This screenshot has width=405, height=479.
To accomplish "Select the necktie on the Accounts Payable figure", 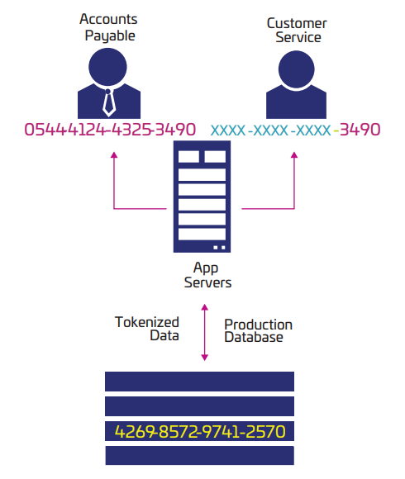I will point(108,100).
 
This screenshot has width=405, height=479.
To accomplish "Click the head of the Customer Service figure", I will point(297,69).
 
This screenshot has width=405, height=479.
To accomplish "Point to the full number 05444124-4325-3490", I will point(110,130).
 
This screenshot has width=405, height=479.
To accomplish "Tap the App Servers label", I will point(202,275).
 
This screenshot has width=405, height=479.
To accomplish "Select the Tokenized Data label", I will point(147,329).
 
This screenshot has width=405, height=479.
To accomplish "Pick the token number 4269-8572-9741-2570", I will point(199,432).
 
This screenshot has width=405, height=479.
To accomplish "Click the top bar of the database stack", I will point(199,381).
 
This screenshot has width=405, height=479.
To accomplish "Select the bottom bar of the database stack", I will point(199,456).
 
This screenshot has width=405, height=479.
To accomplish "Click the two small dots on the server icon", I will point(219,246).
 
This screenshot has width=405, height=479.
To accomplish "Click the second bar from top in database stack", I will point(199,405).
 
